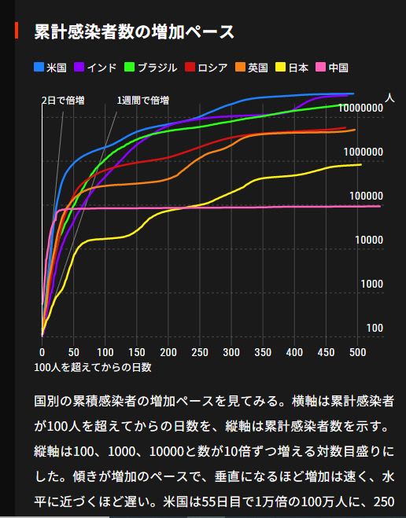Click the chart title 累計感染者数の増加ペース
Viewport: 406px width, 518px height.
tap(135, 31)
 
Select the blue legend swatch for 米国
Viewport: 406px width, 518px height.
tap(39, 67)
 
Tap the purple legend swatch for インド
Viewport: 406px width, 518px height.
tap(79, 67)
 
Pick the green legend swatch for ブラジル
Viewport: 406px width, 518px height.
tap(129, 67)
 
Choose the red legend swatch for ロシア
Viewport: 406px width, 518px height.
tap(190, 67)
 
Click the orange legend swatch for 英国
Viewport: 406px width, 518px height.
tap(240, 67)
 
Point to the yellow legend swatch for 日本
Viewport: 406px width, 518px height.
tap(281, 67)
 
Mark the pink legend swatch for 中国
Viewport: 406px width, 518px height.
tap(321, 67)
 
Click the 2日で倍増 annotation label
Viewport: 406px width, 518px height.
tap(63, 100)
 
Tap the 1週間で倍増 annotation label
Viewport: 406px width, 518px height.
tap(143, 100)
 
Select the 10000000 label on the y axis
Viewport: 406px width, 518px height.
tap(360, 108)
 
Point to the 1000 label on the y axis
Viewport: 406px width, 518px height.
tap(372, 284)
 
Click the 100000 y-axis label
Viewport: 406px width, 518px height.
tap(367, 196)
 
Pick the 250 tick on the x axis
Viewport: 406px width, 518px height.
tap(200, 352)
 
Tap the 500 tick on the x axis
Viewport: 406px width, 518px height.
tap(357, 352)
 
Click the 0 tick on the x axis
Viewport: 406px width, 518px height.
tap(42, 352)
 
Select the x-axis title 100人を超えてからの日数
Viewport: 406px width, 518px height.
tap(93, 367)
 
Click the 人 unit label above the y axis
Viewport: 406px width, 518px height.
tap(389, 97)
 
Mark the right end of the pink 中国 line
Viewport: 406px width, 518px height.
tap(380, 206)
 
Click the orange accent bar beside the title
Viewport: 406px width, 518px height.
tap(17, 31)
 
